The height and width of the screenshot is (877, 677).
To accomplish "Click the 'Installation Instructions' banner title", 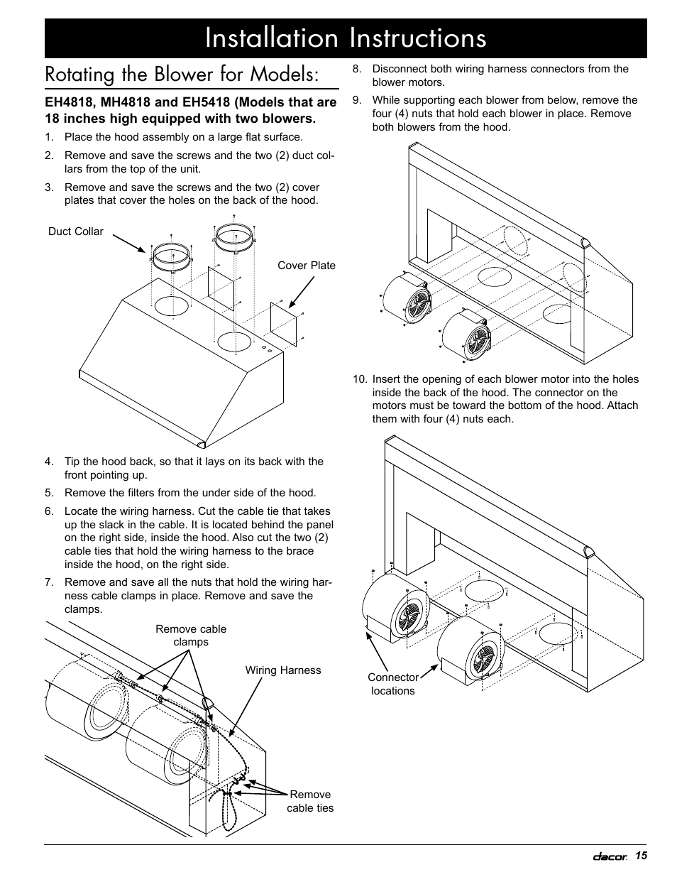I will pyautogui.click(x=346, y=38).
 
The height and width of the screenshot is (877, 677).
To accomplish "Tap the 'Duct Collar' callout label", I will pyautogui.click(x=76, y=231).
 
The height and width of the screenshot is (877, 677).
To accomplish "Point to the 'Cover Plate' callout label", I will pyautogui.click(x=307, y=266).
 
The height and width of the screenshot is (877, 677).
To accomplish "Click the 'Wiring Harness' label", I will pyautogui.click(x=283, y=670).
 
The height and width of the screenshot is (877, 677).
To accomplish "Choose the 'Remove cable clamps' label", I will pyautogui.click(x=191, y=635).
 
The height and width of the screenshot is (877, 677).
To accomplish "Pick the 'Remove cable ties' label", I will pyautogui.click(x=310, y=801).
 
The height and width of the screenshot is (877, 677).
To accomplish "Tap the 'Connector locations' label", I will pyautogui.click(x=392, y=684).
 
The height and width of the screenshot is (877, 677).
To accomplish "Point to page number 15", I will pyautogui.click(x=642, y=856).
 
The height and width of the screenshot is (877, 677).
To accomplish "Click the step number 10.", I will pyautogui.click(x=358, y=379).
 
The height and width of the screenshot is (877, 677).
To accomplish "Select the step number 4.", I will pyautogui.click(x=48, y=462).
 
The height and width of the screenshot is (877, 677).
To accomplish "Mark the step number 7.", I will pyautogui.click(x=48, y=583).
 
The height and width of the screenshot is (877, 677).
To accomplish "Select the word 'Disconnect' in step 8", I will pyautogui.click(x=399, y=69).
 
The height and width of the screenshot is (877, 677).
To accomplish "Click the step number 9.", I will pyautogui.click(x=358, y=100).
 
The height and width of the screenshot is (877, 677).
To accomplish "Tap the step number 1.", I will pyautogui.click(x=48, y=137).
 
